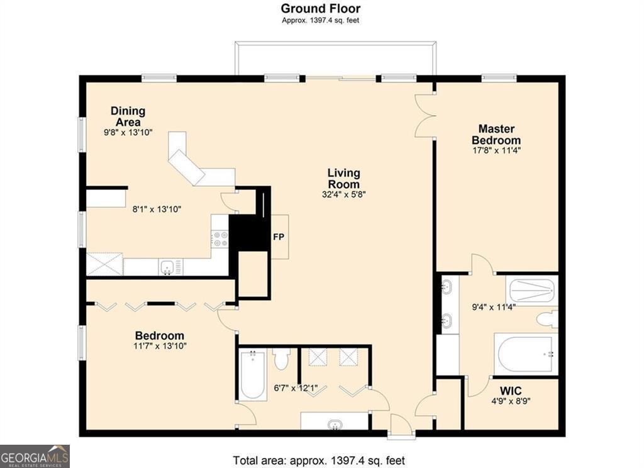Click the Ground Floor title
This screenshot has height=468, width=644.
click(x=320, y=8)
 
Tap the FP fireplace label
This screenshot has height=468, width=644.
click(x=279, y=237)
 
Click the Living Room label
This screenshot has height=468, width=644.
click(x=344, y=178)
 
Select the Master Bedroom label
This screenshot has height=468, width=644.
click(x=496, y=135)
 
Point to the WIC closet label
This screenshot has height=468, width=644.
click(x=511, y=391)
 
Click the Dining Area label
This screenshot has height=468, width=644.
click(x=128, y=116)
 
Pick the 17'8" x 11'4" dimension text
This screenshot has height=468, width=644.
click(x=497, y=150)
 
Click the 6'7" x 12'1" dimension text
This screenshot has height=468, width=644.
click(x=296, y=388)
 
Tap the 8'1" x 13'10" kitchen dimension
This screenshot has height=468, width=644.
click(x=157, y=209)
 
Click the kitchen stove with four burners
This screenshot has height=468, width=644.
click(x=219, y=239)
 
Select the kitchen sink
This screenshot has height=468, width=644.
click(x=167, y=267)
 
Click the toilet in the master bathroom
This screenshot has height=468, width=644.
click(x=547, y=320)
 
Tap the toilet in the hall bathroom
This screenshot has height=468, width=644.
click(x=282, y=359)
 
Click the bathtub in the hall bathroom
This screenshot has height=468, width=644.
click(x=253, y=375)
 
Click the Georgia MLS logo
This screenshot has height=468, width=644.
click(x=35, y=456)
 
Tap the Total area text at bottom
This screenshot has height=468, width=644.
click(x=319, y=460)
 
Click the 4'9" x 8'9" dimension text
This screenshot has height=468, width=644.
click(x=511, y=401)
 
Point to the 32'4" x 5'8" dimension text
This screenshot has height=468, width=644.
click(x=344, y=194)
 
